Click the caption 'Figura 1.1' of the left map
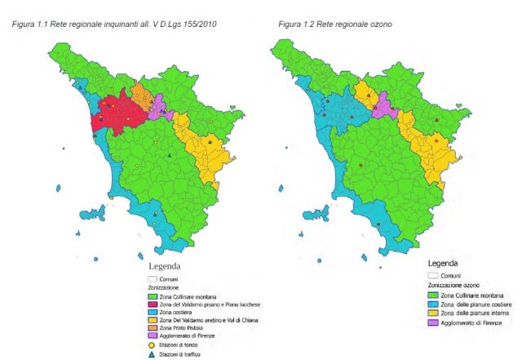coord(29,24)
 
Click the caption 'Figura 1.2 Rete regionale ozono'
coord(334,24)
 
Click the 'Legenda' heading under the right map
coord(443,264)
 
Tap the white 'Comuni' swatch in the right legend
coord(435,276)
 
